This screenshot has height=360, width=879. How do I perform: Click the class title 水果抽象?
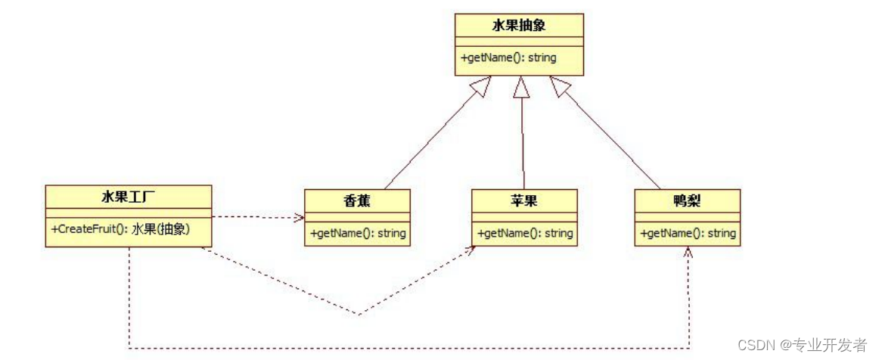(x=519, y=26)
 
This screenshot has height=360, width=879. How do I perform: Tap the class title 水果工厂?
(x=128, y=197)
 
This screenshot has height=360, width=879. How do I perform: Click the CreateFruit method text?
(x=120, y=228)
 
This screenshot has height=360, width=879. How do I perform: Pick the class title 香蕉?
(x=357, y=201)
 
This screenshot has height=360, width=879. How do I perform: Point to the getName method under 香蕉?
(x=357, y=233)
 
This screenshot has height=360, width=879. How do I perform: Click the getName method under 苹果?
(x=524, y=233)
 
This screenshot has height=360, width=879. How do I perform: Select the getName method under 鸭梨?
(x=687, y=233)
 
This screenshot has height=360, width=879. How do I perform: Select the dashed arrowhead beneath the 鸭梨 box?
(x=688, y=253)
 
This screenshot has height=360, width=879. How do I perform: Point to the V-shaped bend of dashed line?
(x=358, y=313)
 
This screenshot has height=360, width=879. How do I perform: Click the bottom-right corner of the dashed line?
(x=688, y=348)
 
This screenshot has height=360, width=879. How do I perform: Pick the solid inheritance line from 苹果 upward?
(x=522, y=144)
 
